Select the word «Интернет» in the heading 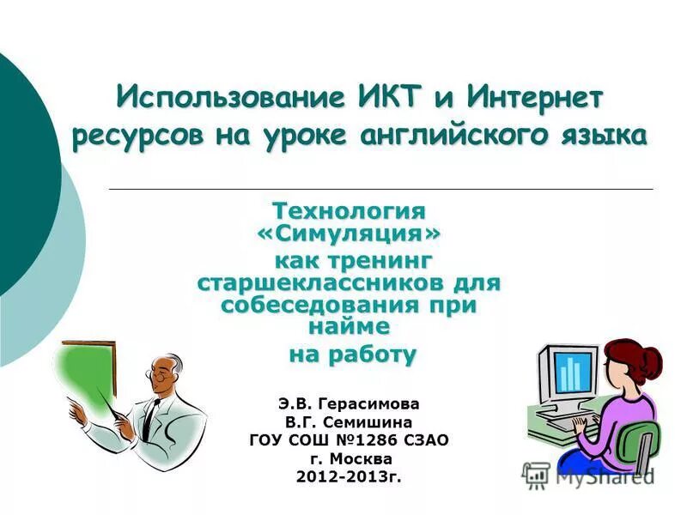(x=534, y=96)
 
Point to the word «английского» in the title (x=450, y=136)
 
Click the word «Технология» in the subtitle (x=349, y=210)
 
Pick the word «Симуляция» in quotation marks (x=350, y=233)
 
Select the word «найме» (x=348, y=326)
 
